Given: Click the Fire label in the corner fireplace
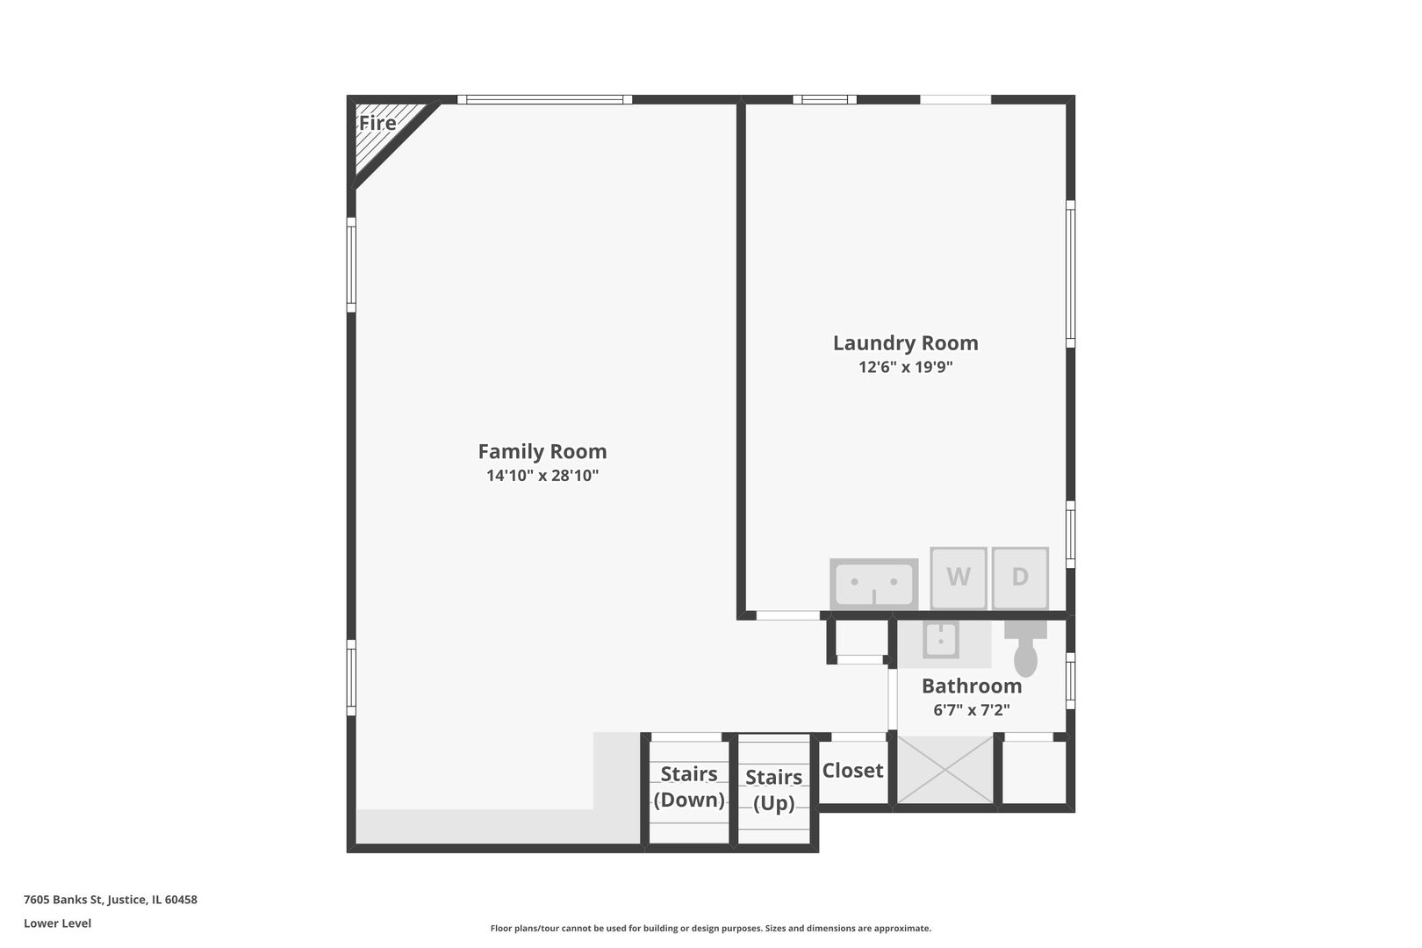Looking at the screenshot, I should click(x=377, y=123).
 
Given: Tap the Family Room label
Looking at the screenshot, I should click(x=542, y=451).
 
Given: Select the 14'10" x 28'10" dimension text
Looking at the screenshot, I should click(x=542, y=476).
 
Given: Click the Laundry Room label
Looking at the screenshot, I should click(x=905, y=343).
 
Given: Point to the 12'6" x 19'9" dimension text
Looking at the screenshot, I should click(x=905, y=367).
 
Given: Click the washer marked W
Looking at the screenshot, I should click(x=959, y=578).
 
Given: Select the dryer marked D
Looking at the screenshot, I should click(x=1020, y=578).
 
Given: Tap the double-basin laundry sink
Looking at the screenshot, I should click(x=874, y=584).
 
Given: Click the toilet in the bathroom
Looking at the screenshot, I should click(x=1025, y=650).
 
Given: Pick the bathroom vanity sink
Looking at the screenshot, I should click(x=940, y=640).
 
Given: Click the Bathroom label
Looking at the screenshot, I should click(x=971, y=686).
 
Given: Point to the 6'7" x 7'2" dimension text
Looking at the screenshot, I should click(x=971, y=709).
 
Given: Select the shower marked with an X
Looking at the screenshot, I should click(x=944, y=770).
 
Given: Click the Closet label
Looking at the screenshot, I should click(x=852, y=771).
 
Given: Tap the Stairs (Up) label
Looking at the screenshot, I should click(x=773, y=790).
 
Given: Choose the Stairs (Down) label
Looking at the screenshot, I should click(x=689, y=786).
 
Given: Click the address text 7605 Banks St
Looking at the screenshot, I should click(x=111, y=900).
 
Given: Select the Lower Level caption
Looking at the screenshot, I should click(x=58, y=923).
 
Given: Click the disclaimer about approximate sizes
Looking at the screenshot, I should click(x=710, y=928).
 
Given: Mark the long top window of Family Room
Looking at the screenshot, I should click(x=544, y=99).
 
